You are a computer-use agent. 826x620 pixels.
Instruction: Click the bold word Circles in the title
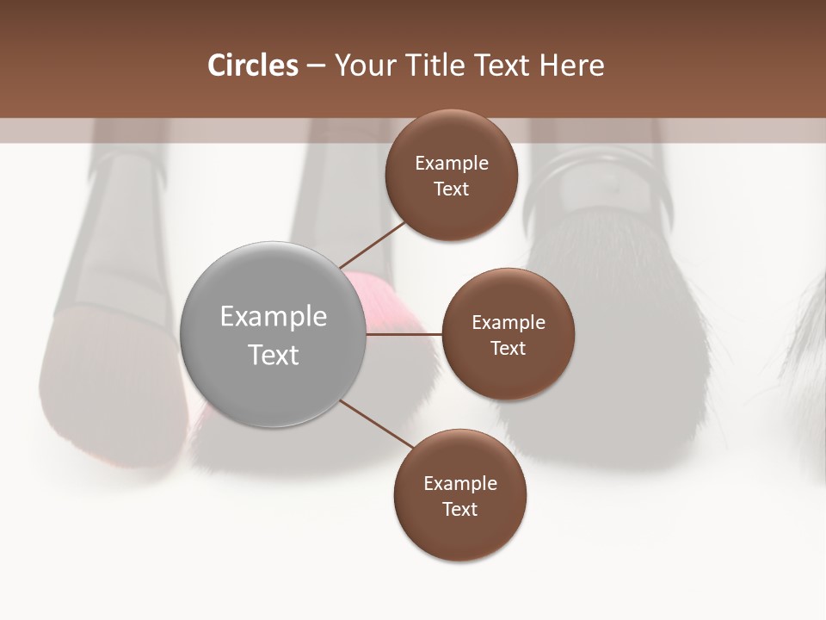click(252, 65)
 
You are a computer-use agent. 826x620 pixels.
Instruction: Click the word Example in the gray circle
click(274, 317)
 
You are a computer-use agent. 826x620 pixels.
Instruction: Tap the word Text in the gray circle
click(274, 355)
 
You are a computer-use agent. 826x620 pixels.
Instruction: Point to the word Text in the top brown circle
click(451, 189)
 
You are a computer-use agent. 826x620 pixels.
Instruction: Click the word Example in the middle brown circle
click(508, 323)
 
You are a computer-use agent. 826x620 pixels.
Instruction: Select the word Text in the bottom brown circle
click(459, 510)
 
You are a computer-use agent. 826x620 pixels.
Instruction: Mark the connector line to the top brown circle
click(373, 245)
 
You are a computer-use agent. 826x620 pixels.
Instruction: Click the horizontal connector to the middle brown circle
click(404, 334)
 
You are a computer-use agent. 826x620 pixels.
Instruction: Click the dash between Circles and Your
click(316, 66)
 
